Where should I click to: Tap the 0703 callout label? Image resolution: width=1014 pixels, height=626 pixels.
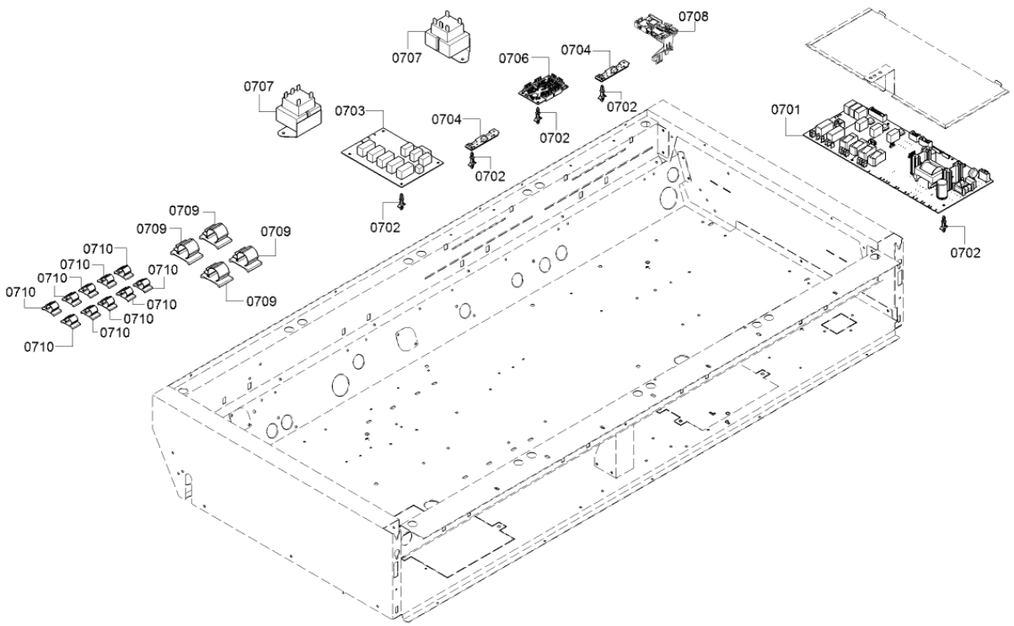[349, 111]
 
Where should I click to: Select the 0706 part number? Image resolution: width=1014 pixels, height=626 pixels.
[513, 58]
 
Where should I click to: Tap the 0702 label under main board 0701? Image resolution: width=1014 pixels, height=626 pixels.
[965, 253]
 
